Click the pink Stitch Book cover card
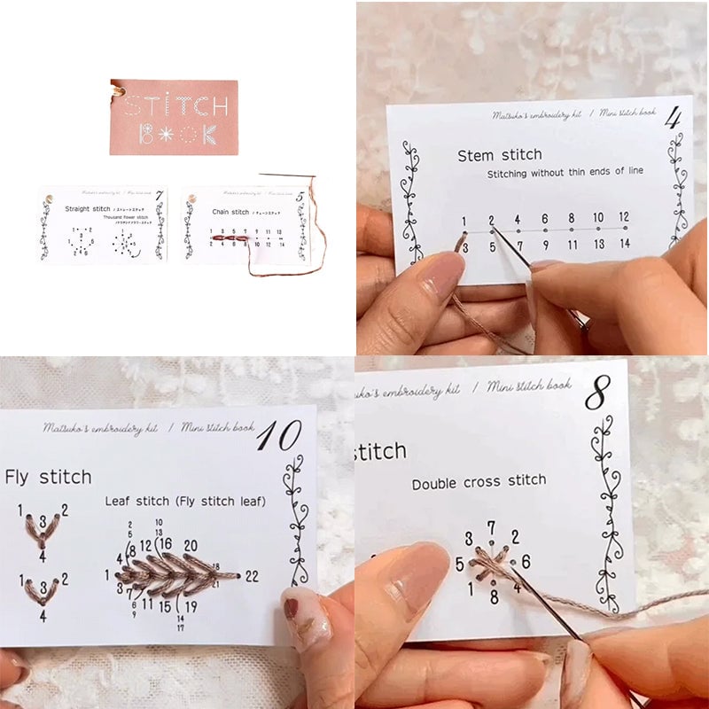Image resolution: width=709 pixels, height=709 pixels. coord(174,117)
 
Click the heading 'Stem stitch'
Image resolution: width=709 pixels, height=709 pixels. coord(499,155)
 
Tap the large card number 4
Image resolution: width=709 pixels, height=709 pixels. coord(674,117)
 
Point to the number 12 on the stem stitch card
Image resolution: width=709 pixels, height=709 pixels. coord(624,217)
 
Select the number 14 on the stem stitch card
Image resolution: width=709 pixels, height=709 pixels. coord(624,244)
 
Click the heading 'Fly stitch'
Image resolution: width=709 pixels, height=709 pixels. coord(48,478)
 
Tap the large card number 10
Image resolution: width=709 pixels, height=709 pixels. coord(279,435)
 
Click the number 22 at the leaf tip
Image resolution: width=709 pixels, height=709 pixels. coord(252,576)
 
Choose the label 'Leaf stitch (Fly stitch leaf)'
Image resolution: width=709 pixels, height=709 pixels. coord(185,502)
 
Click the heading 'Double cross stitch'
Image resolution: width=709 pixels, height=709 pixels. coord(479,481)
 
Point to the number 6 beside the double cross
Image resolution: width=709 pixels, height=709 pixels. coord(526,561)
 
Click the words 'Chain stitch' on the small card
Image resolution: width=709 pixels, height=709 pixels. coord(231,212)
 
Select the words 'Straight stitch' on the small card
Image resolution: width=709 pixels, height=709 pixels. coord(88,209)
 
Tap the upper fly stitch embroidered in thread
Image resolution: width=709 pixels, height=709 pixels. coord(41,528)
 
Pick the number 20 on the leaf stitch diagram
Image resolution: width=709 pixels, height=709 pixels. coord(191,544)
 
